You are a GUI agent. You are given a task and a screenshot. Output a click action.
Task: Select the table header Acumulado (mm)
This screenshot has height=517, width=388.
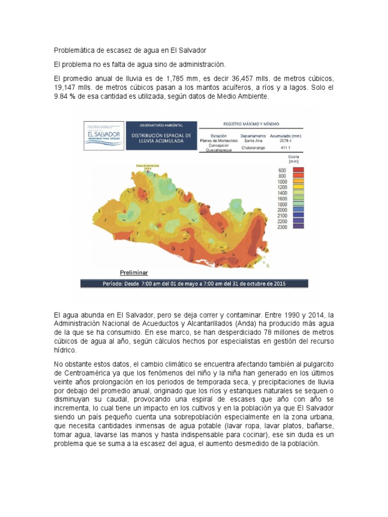285,136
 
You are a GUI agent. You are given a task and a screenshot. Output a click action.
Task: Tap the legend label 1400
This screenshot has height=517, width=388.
282,193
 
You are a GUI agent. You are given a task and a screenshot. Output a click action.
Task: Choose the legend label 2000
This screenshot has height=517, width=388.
282,210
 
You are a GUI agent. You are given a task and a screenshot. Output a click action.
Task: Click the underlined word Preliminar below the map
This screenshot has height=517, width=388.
134,272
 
